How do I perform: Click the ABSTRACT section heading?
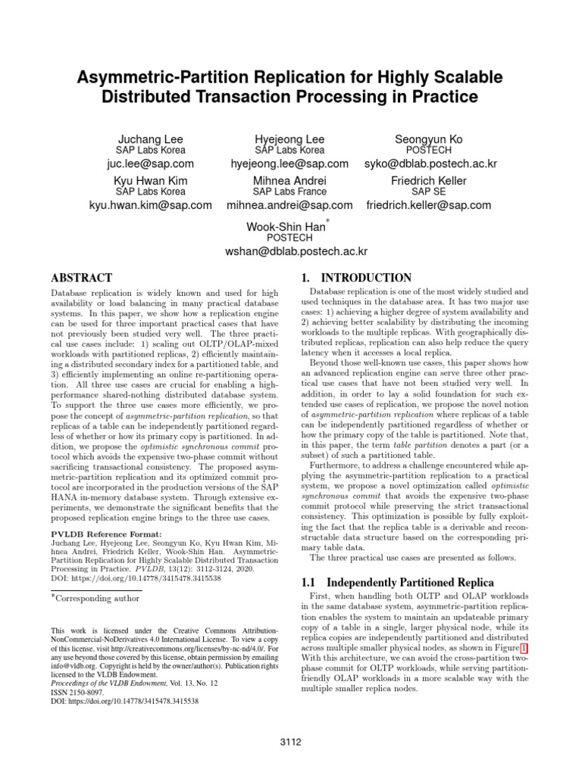click(x=81, y=278)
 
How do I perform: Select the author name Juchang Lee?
click(x=150, y=140)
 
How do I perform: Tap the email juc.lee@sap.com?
click(x=150, y=163)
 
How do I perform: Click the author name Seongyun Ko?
click(x=428, y=140)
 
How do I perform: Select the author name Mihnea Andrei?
click(x=289, y=182)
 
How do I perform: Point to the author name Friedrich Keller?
click(x=428, y=182)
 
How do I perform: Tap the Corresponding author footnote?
click(x=98, y=598)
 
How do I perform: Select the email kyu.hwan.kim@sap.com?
click(x=150, y=205)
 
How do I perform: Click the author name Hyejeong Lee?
click(x=289, y=140)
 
